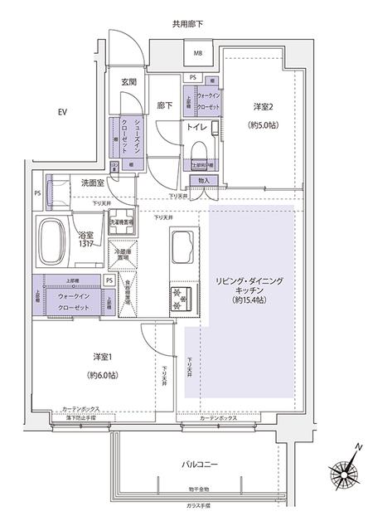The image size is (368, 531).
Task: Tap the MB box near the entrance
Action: [x=198, y=55]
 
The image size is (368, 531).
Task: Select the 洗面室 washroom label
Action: [x=93, y=183]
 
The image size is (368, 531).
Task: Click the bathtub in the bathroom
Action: [x=54, y=241]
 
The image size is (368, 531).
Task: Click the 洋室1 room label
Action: [x=101, y=356]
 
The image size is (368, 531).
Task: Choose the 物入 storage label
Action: [x=206, y=180]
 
